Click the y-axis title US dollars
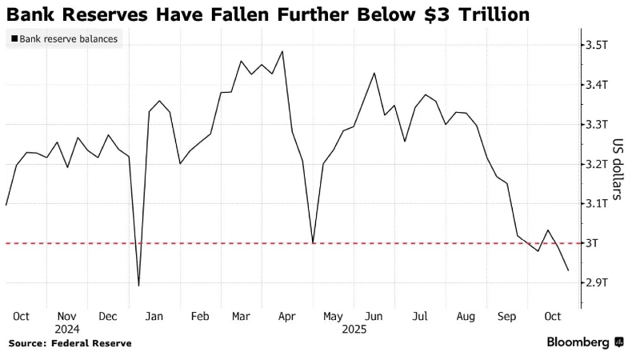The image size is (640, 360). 618,169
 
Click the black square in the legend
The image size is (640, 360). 14,38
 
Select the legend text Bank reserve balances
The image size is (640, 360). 69,38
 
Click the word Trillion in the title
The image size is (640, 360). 487,14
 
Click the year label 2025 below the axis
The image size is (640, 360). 354,328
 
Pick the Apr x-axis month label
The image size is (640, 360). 286,316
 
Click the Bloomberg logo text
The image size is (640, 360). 578,342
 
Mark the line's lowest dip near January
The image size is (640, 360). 139,286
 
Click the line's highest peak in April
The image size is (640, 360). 282,51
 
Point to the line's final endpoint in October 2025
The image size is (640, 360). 568,270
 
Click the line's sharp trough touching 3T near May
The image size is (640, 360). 313,242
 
